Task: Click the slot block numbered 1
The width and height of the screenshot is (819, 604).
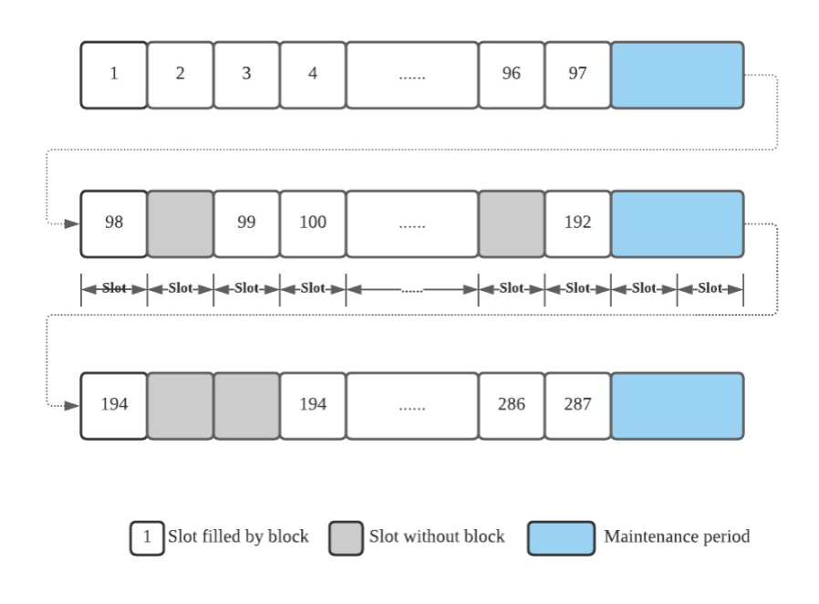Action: tap(114, 75)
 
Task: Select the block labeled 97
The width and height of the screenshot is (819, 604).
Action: tap(577, 75)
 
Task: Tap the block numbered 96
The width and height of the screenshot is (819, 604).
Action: tap(511, 75)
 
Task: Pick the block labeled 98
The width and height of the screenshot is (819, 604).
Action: tap(114, 224)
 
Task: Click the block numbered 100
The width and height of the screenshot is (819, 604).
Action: tap(313, 224)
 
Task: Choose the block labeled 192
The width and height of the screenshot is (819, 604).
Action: tap(577, 224)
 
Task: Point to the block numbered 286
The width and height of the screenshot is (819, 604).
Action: tap(511, 405)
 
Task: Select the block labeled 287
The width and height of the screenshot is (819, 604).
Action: tap(577, 405)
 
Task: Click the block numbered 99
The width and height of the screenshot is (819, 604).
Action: tap(246, 224)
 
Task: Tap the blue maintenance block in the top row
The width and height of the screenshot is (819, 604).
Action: tap(677, 75)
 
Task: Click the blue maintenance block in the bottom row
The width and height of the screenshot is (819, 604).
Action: tap(677, 405)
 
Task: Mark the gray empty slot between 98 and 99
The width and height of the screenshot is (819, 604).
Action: tap(180, 224)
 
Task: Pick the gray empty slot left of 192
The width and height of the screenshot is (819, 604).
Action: tap(511, 224)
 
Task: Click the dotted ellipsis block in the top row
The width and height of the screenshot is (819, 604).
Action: tap(411, 75)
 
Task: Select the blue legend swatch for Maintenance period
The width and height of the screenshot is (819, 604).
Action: tap(561, 537)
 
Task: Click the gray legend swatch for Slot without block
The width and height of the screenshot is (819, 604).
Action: tap(346, 537)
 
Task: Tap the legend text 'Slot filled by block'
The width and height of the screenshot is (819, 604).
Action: tap(238, 536)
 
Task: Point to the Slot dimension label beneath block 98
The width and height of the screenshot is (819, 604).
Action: tap(114, 288)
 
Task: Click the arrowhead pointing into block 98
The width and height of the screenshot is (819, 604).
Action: tap(73, 224)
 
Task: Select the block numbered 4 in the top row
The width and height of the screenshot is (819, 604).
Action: tap(313, 75)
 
